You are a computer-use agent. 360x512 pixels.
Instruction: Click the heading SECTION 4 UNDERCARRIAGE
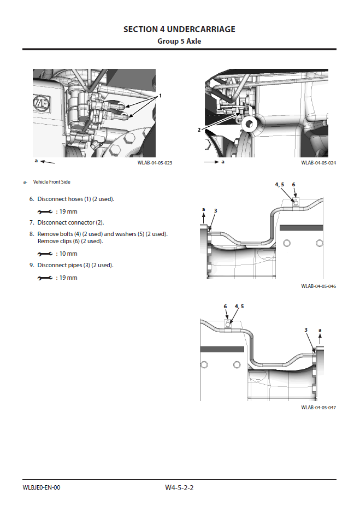pos(179,29)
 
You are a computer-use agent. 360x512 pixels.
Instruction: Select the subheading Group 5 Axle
pos(179,41)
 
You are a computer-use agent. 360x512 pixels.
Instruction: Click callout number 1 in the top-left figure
pos(161,96)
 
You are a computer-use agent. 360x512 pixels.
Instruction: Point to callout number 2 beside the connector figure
pos(199,130)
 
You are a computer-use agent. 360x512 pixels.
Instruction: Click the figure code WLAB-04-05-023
pos(155,163)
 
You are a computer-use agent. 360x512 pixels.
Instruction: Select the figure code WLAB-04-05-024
pos(318,163)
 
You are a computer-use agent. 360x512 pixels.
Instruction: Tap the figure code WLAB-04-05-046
pos(318,286)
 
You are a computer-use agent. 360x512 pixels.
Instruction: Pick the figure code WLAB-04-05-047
pos(318,408)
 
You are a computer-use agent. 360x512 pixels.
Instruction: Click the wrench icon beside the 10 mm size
pos(45,254)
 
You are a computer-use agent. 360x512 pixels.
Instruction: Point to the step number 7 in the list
pos(31,223)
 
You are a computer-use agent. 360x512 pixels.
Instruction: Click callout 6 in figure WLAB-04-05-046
pos(293,185)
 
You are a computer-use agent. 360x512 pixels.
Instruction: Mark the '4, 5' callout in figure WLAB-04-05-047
pos(239,307)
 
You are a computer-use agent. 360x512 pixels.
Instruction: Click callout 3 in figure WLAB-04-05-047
pos(306,329)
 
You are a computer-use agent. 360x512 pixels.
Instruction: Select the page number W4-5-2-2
pos(179,487)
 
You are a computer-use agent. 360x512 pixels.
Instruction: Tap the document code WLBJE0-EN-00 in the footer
pos(42,487)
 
